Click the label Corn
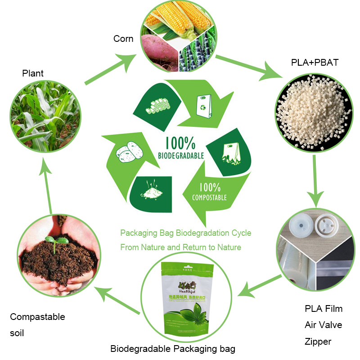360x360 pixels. pos(123,39)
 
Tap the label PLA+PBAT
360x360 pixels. pos(314,63)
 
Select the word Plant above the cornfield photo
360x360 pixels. pos(33,73)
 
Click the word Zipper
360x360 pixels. pos(318,342)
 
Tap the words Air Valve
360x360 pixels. pos(323,325)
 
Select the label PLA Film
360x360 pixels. pos(324,309)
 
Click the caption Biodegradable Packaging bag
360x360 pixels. pos(173,349)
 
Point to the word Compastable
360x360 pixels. pos(37,317)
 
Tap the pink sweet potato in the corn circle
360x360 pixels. pos(160,49)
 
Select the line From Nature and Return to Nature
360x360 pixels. pos(180,247)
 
